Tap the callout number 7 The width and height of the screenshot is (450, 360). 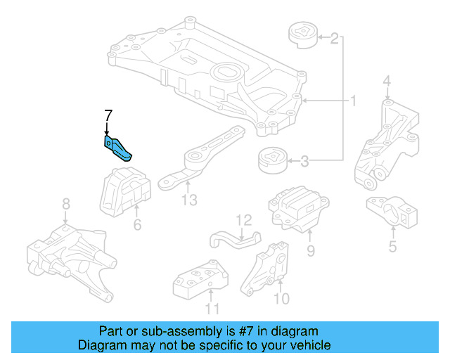point(108,115)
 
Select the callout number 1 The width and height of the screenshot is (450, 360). point(353,102)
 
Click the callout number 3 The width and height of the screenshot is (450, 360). point(304,162)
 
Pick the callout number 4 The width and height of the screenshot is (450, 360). point(387,86)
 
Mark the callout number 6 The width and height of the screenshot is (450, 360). point(137,225)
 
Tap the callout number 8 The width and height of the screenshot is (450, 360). point(65,204)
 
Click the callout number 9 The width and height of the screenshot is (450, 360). point(310,250)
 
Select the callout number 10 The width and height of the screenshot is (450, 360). point(281,299)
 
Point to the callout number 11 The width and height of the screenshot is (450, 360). point(212,308)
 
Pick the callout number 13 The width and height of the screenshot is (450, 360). point(189,201)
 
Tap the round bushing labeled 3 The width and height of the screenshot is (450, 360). point(273,161)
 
